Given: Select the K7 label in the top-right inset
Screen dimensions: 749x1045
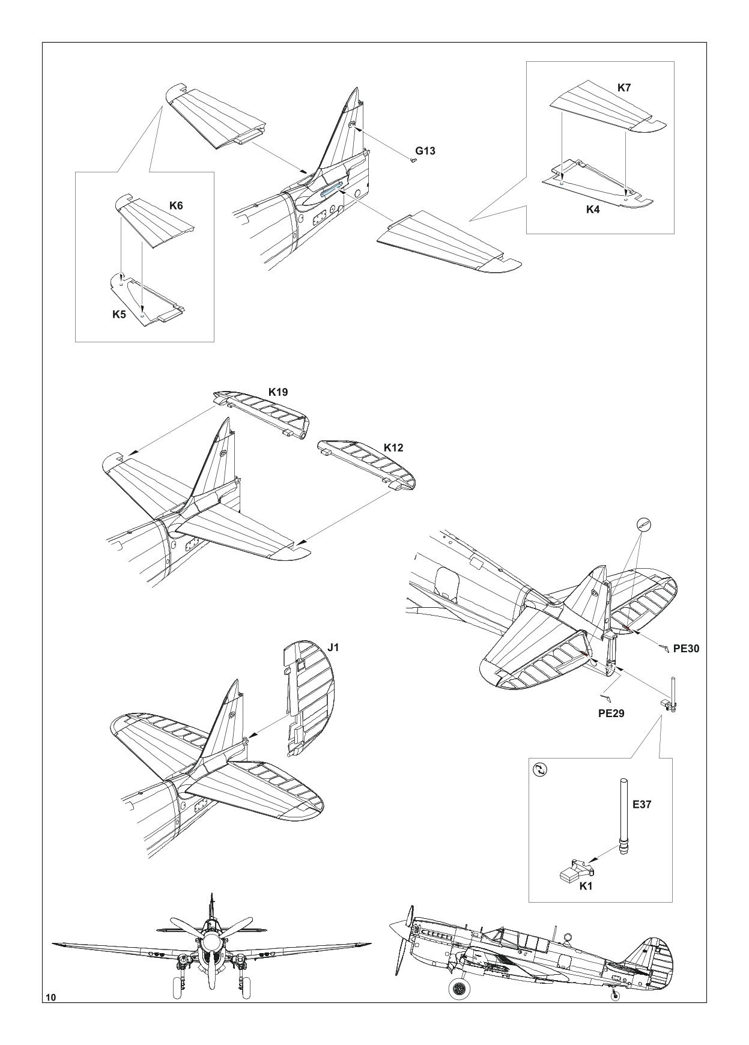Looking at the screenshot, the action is click(x=624, y=88).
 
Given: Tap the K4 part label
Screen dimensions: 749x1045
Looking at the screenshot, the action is click(x=593, y=210).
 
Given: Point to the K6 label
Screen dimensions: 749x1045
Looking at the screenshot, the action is click(x=176, y=205).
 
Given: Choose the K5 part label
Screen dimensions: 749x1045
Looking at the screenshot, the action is click(x=120, y=314).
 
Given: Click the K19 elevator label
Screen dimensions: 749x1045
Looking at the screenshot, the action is click(x=277, y=392).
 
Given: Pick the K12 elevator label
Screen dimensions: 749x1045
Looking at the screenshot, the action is click(x=393, y=448).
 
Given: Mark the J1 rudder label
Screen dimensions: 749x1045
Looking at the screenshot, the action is click(x=334, y=647).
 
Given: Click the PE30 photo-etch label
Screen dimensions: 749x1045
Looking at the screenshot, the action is click(x=687, y=649).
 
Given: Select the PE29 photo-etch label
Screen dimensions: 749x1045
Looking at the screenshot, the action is click(x=611, y=713).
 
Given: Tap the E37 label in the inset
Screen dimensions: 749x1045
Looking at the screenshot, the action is click(x=641, y=804).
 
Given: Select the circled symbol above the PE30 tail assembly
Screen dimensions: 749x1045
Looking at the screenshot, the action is click(x=643, y=525).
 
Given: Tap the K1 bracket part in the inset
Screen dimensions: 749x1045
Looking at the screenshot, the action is click(x=578, y=869).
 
